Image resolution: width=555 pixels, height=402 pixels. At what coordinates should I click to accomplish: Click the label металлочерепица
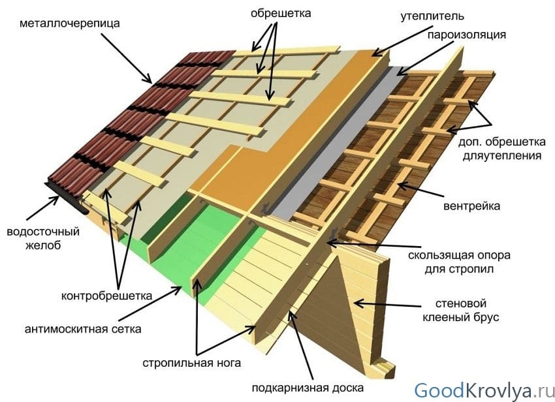pyautogui.click(x=70, y=23)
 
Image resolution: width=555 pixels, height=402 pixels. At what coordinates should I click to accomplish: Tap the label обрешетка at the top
pyautogui.click(x=281, y=14)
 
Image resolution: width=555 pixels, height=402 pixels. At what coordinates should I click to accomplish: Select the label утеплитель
pyautogui.click(x=432, y=16)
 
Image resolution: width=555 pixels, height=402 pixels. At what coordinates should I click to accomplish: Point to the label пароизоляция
pyautogui.click(x=467, y=35)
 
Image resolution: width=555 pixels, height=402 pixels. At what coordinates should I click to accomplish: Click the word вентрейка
pyautogui.click(x=471, y=206)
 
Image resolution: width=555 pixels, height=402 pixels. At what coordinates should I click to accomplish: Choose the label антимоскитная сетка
pyautogui.click(x=83, y=329)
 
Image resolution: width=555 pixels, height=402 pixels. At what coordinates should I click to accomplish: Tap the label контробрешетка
pyautogui.click(x=106, y=296)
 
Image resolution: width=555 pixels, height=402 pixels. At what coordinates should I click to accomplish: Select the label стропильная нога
pyautogui.click(x=191, y=363)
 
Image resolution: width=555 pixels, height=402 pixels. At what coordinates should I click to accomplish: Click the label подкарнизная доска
pyautogui.click(x=308, y=388)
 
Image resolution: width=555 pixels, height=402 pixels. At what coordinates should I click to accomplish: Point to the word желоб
pyautogui.click(x=43, y=245)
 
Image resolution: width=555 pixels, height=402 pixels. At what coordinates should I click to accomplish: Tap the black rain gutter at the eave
pyautogui.click(x=68, y=199)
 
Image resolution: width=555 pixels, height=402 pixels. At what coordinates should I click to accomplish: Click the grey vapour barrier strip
pyautogui.click(x=336, y=142)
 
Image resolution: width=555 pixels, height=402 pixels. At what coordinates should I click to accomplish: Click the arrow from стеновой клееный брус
pyautogui.click(x=388, y=305)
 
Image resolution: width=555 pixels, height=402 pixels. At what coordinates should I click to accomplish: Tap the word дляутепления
pyautogui.click(x=502, y=155)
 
